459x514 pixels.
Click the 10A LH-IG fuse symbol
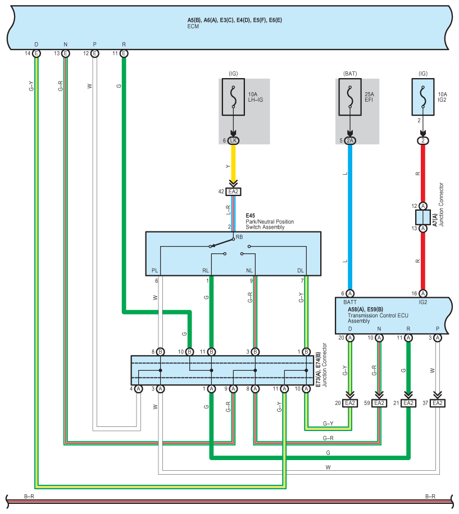(x=233, y=97)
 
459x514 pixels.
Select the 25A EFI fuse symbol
(x=350, y=97)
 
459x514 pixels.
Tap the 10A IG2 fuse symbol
(x=423, y=97)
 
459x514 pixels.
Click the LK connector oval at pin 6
(x=233, y=140)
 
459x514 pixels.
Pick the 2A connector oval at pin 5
(x=350, y=140)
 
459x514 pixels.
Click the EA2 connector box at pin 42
(x=233, y=192)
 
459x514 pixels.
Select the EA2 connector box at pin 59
(x=379, y=403)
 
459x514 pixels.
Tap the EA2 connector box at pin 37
(x=437, y=403)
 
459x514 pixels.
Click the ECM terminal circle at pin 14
(x=37, y=53)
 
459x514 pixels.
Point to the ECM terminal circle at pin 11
(x=124, y=53)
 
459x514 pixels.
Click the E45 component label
(x=250, y=216)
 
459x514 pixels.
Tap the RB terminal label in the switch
(x=239, y=237)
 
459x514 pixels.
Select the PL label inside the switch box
(x=154, y=270)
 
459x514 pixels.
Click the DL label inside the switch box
(x=301, y=270)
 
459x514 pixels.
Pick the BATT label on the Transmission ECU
(x=350, y=302)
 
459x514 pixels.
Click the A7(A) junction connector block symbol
(x=423, y=217)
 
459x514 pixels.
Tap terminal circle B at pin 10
(x=189, y=352)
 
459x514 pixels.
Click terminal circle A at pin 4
(x=139, y=389)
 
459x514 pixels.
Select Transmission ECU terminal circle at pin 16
(x=423, y=293)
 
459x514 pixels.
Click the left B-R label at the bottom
(x=29, y=496)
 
